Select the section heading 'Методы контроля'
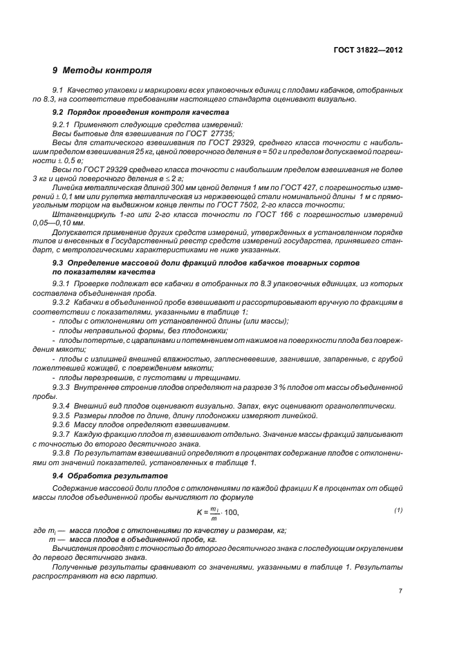click(107, 71)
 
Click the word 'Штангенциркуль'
click(84, 216)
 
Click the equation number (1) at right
click(398, 509)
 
